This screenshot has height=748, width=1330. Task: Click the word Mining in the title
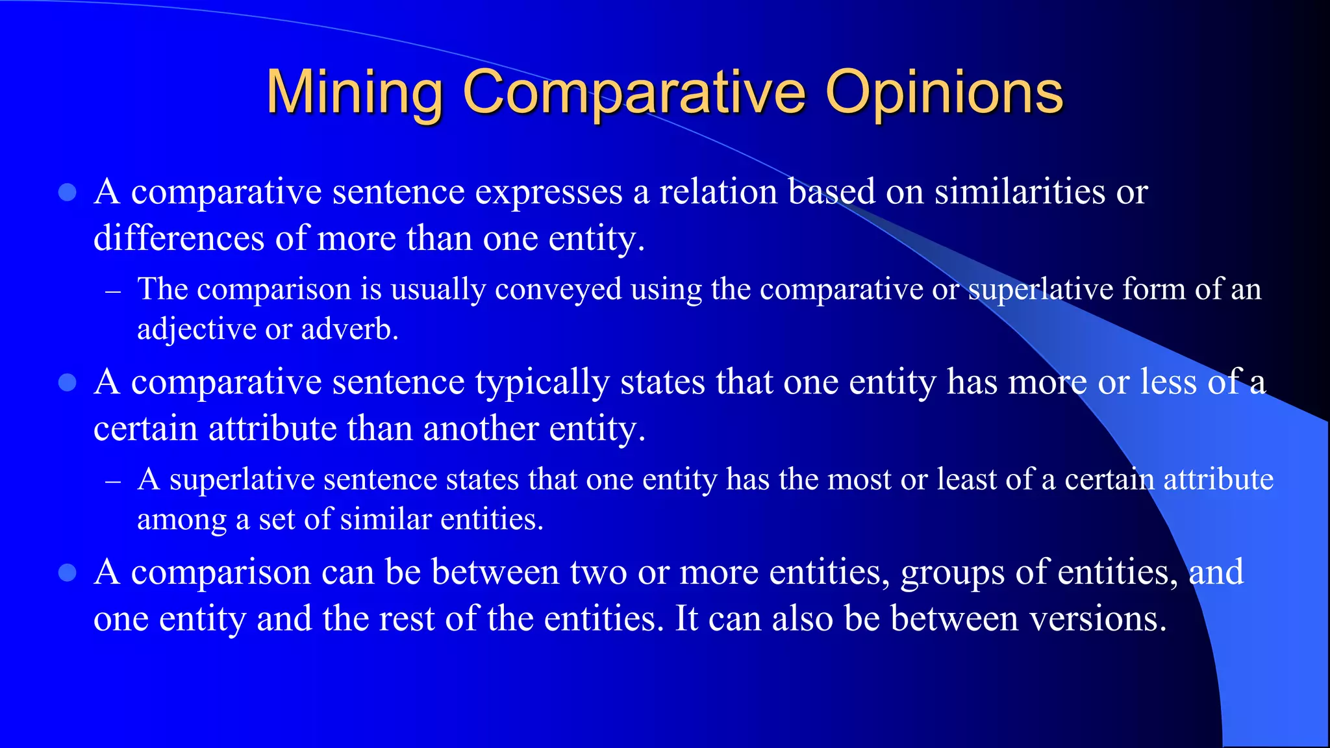355,92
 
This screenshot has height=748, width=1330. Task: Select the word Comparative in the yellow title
634,92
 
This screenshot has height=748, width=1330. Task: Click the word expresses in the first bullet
549,192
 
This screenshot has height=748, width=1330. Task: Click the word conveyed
558,290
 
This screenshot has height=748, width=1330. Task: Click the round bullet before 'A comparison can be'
68,573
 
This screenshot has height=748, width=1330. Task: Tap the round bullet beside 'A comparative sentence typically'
68,382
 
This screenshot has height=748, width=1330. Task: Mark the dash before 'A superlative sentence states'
113,482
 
